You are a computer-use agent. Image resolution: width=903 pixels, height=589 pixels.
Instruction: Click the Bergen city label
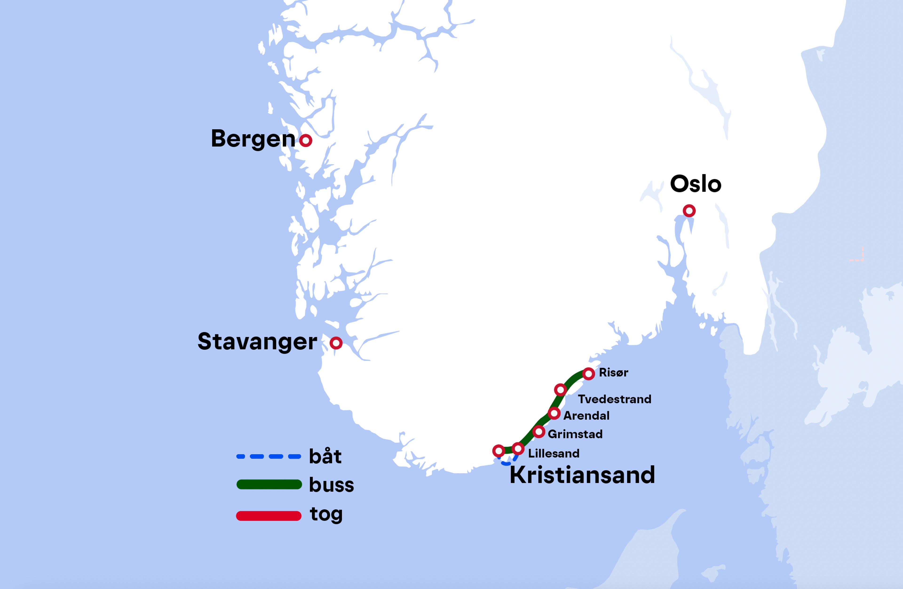pos(253,139)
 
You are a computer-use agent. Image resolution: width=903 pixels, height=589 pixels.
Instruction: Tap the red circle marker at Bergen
pos(305,141)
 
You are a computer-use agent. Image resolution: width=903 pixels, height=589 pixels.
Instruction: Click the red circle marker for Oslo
pos(689,210)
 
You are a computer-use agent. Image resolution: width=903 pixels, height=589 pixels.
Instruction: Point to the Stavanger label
pos(257,342)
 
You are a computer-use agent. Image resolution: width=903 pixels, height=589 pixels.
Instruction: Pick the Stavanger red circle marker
pos(336,343)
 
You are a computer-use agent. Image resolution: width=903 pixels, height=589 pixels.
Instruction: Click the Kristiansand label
pos(582,475)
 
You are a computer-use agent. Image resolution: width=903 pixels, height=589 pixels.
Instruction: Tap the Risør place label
pos(613,373)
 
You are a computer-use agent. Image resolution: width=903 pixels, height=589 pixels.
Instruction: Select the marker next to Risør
pos(588,374)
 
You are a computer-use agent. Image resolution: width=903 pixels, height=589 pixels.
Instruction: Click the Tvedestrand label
pos(614,399)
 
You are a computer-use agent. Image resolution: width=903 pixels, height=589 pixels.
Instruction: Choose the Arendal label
pos(586,416)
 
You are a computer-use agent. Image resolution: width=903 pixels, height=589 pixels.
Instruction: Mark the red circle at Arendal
pos(554,413)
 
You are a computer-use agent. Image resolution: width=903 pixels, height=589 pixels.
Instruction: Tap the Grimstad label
pos(575,434)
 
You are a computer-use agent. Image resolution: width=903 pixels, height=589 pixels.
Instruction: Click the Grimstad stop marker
pos(538,432)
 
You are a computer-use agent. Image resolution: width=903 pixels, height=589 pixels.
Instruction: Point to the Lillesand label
pos(554,453)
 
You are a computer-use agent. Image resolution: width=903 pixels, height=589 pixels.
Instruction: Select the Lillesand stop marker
pos(518,448)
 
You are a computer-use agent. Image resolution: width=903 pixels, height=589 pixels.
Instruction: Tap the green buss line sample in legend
pos(269,484)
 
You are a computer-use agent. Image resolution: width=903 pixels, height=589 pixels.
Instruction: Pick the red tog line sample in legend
pos(269,516)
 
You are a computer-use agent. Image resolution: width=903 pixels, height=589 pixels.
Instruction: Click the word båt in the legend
pos(325,456)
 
